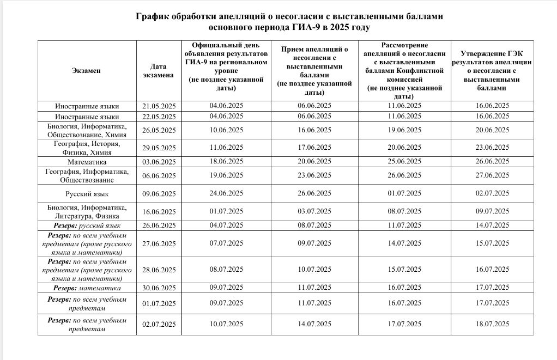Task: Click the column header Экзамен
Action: [86, 71]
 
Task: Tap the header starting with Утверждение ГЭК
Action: [493, 70]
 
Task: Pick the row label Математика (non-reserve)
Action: [87, 162]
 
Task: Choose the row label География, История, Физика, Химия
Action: [87, 148]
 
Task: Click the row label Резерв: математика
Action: [87, 288]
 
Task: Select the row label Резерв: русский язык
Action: [87, 225]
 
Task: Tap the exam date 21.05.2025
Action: [159, 106]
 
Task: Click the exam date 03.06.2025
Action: [159, 162]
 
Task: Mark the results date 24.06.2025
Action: [226, 193]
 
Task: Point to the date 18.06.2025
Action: [226, 162]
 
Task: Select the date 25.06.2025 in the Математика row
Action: [404, 162]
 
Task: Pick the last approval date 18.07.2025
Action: [492, 324]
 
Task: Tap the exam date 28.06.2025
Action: [159, 270]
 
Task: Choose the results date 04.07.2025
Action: [226, 225]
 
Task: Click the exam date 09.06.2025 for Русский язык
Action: [159, 194]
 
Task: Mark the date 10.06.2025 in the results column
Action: [226, 130]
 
